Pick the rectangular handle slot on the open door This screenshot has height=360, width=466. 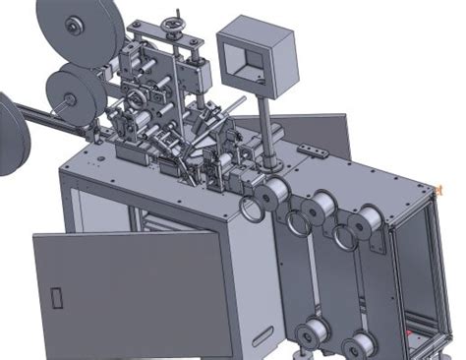click(x=56, y=296)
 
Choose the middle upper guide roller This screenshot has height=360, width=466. click(x=318, y=210)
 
